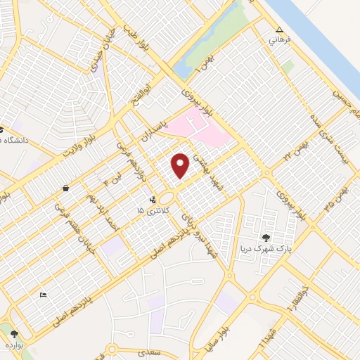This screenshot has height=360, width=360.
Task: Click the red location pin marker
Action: click(x=181, y=165)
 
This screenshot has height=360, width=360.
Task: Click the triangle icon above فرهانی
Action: click(x=279, y=30)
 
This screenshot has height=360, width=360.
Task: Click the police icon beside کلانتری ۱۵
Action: click(x=154, y=210)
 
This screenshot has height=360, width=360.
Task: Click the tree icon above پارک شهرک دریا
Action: click(x=266, y=237)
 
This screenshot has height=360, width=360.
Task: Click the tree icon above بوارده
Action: click(x=15, y=335)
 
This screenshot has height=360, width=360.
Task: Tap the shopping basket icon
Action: click(x=65, y=188)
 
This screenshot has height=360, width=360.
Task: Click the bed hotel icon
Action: click(x=43, y=294)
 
